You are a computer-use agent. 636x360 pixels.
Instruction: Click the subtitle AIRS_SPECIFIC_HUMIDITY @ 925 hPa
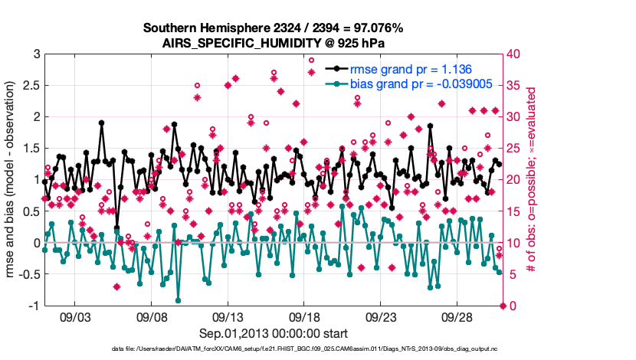click(x=273, y=42)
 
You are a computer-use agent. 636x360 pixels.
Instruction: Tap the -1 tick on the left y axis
click(x=33, y=306)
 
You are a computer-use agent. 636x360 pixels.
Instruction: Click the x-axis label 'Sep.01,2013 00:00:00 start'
click(x=273, y=333)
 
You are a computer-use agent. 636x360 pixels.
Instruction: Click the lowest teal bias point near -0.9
click(x=179, y=300)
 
